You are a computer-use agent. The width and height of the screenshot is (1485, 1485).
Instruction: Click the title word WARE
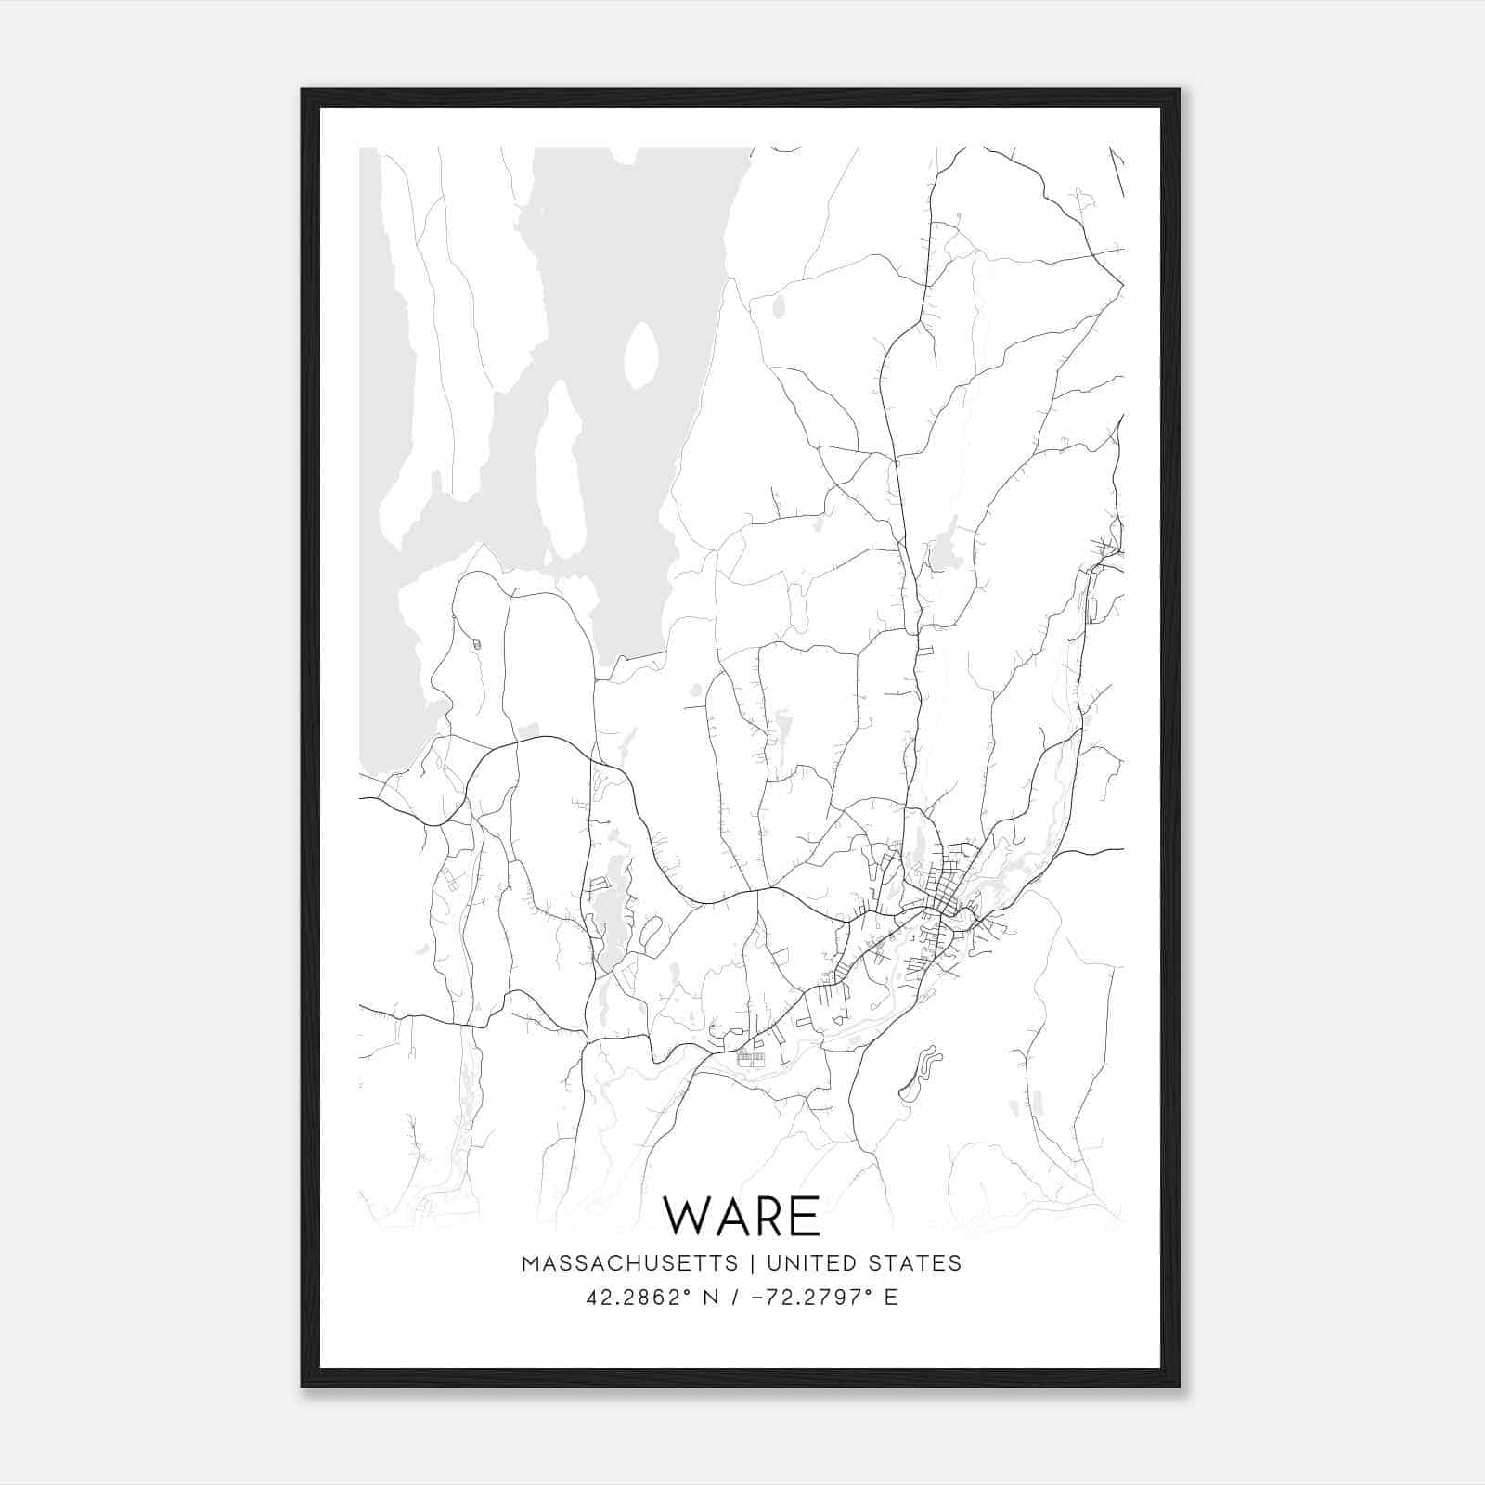click(x=742, y=1217)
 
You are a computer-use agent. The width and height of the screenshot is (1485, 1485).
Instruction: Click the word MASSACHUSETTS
click(x=630, y=1263)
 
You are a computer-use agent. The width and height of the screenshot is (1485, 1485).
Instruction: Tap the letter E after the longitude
click(x=891, y=1298)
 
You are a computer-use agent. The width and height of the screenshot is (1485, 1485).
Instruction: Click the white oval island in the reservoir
click(x=641, y=355)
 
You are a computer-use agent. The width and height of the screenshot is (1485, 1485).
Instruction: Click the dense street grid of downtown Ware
click(x=939, y=891)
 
